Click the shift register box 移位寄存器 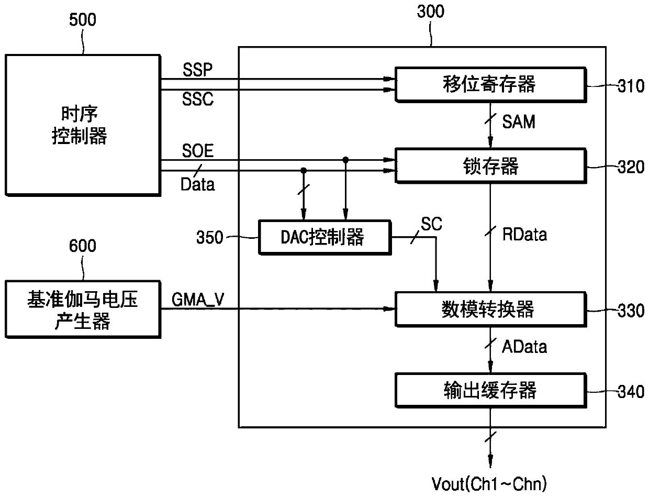491,85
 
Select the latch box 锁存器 491,166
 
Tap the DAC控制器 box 325,237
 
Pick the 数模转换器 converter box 491,310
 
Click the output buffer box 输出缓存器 491,391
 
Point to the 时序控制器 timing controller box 83,125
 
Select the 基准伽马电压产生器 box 83,310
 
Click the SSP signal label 197,70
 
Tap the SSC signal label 197,99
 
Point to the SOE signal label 197,151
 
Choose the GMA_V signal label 197,300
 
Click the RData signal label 524,235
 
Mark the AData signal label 524,347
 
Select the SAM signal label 519,122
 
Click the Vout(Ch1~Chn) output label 489,484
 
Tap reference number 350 210,237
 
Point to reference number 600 83,246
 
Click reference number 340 631,392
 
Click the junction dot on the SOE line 345,160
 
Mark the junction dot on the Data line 304,171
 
